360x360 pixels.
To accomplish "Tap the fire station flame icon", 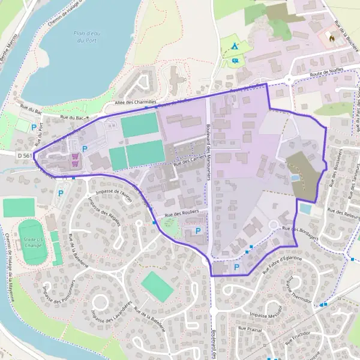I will coord(331,38).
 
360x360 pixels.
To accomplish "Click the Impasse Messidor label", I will coord(266,315).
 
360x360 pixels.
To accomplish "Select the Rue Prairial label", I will coord(250,329).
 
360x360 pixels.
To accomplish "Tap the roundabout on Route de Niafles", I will coord(288,79).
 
